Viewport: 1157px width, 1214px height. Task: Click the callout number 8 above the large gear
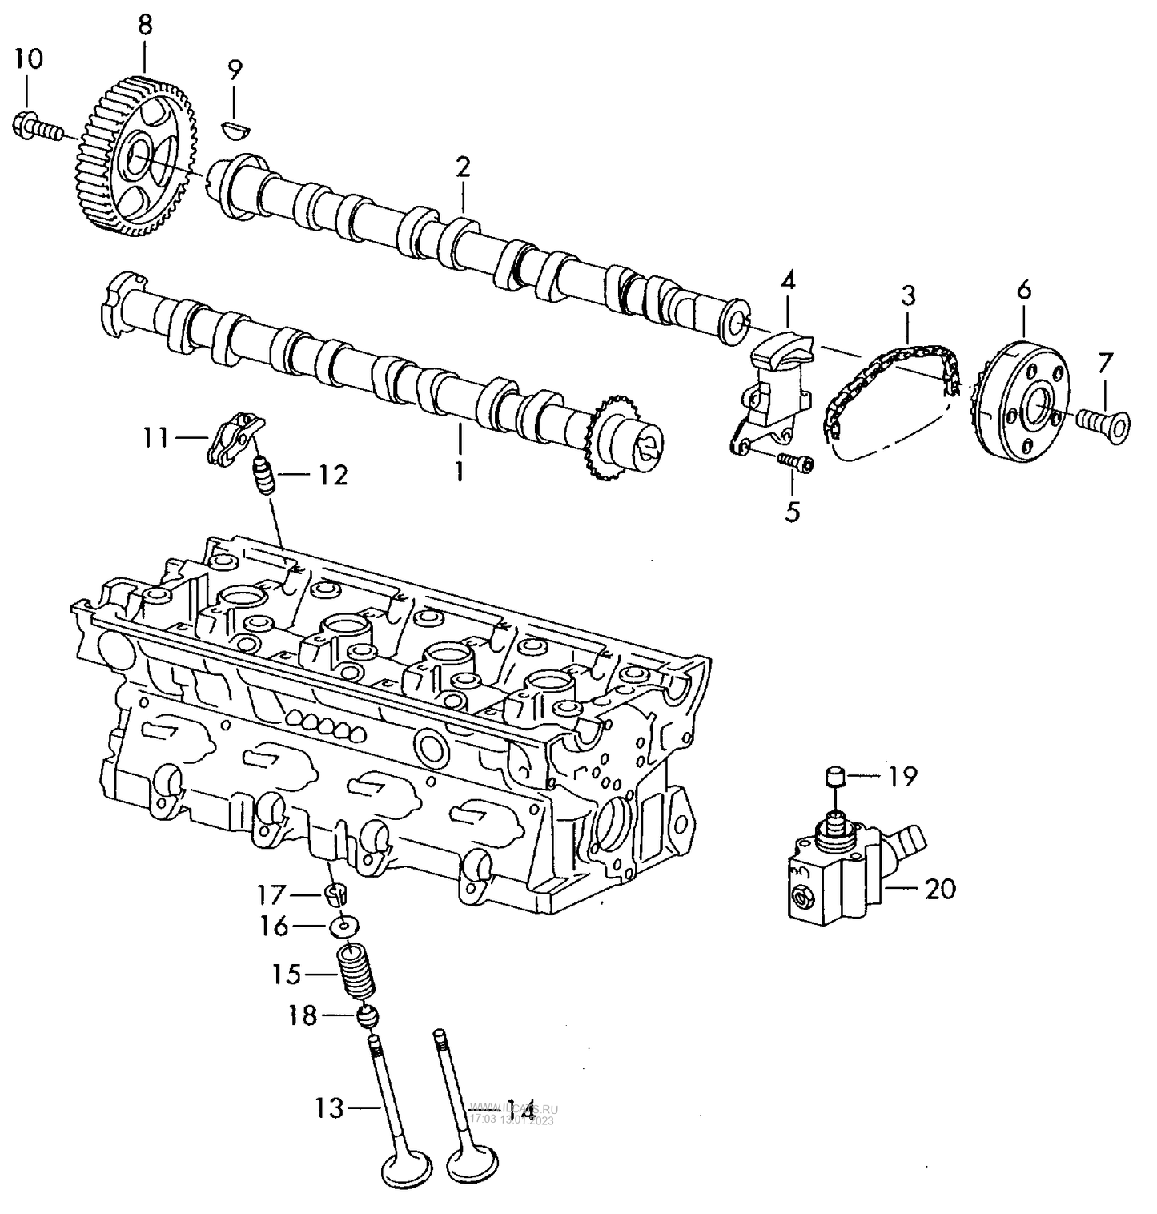click(x=144, y=24)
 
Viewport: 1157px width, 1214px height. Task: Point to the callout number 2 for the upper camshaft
click(x=463, y=167)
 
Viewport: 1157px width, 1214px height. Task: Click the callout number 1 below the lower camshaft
click(x=459, y=472)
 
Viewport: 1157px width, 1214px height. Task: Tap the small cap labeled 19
click(x=837, y=777)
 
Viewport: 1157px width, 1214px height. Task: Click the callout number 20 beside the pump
click(x=940, y=889)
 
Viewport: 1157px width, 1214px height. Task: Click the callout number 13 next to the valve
click(x=329, y=1108)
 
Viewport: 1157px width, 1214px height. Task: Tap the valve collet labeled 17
click(x=336, y=893)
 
